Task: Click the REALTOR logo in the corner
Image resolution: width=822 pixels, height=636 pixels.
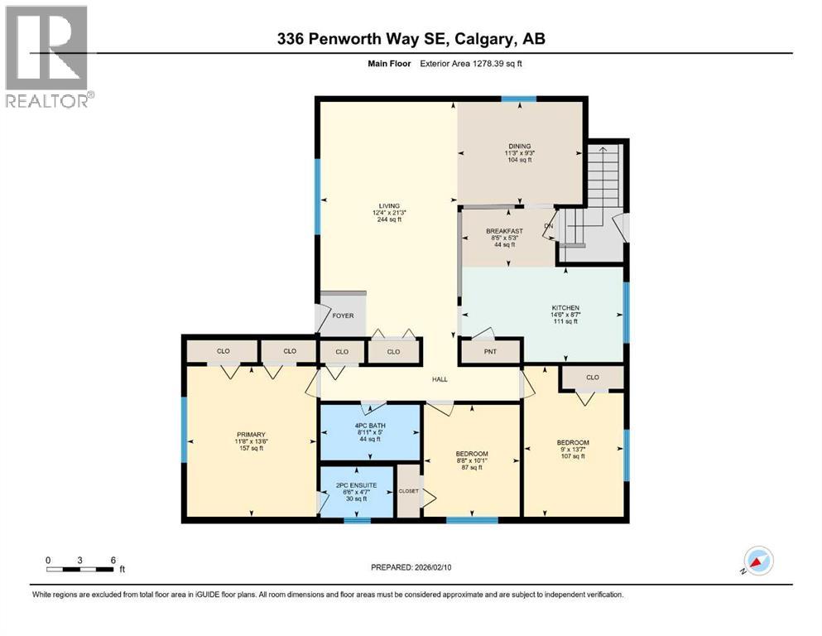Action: (x=46, y=55)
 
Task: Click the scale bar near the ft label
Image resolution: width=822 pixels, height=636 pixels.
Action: (x=80, y=569)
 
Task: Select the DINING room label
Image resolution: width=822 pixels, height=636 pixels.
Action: (x=519, y=147)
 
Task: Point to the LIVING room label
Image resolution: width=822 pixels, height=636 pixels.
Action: (x=389, y=205)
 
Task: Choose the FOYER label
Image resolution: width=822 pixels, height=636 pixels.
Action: (x=343, y=316)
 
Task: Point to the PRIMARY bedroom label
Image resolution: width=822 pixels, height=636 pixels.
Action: (x=250, y=434)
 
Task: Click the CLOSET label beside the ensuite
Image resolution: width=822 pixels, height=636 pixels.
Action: (x=409, y=491)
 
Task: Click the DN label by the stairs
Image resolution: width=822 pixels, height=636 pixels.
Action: (x=548, y=225)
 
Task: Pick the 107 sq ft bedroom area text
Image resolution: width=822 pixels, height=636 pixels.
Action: (x=573, y=456)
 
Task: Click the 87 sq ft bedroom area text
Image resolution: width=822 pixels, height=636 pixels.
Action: (x=472, y=468)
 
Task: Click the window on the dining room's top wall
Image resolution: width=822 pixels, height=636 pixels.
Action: (x=518, y=99)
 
